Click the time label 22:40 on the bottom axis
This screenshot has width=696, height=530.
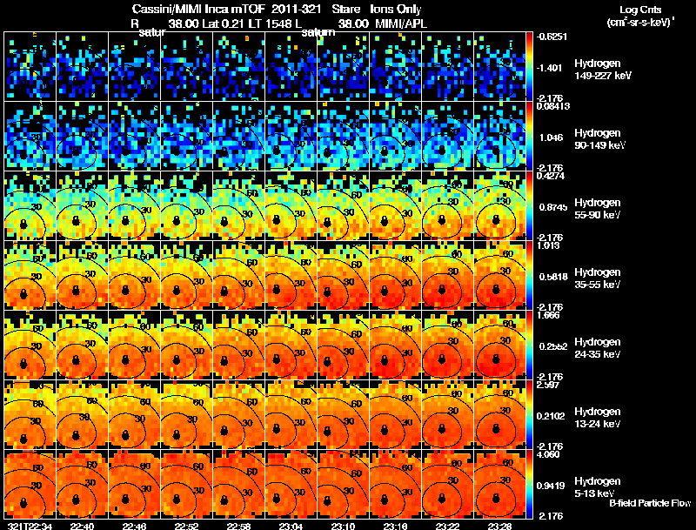click(83, 525)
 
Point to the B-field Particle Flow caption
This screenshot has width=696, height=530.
click(650, 503)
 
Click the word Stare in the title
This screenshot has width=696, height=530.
click(345, 8)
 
